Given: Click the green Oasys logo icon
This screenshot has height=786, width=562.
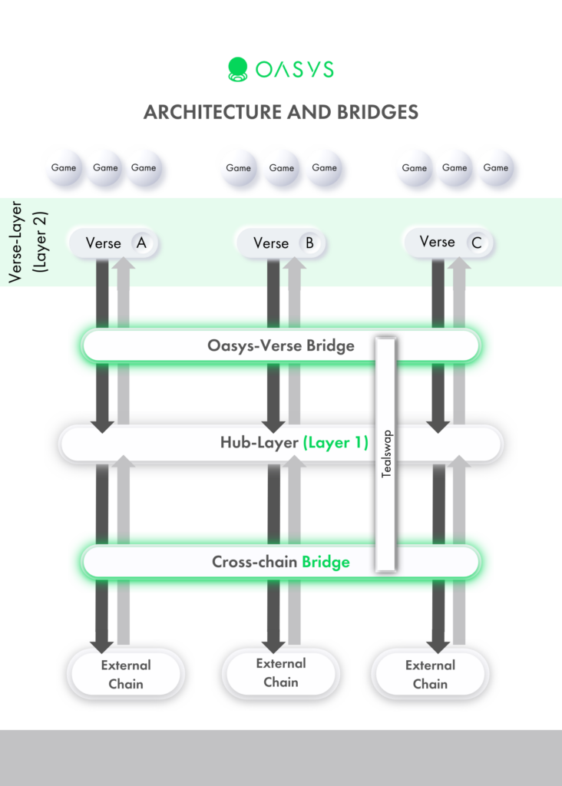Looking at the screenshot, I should point(238,70).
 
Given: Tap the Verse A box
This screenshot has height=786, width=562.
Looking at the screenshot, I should point(113,243).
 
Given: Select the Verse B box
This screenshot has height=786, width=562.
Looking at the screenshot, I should point(281,243).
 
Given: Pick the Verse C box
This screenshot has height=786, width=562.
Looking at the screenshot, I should point(448,243).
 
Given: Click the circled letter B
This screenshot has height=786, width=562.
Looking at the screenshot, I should point(309,243).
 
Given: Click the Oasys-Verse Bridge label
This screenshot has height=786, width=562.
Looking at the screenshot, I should point(281,345).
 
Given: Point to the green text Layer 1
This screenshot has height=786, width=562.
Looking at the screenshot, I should point(336,443).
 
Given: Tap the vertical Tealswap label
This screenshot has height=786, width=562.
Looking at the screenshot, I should point(386,454).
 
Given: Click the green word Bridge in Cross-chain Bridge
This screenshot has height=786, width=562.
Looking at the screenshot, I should point(326,562).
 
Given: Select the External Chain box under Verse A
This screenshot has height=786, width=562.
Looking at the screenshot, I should point(126,675).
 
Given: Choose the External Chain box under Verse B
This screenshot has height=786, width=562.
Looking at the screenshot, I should point(281,673).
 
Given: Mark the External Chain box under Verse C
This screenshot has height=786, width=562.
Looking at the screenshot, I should point(430,675).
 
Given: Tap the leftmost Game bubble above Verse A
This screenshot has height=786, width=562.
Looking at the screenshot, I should point(64,168).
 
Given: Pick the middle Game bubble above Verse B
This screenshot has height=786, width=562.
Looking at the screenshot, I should point(281,168).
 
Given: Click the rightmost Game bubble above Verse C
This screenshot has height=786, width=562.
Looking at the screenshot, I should point(496,168).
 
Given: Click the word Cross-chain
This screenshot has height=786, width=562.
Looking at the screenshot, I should point(254,562).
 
